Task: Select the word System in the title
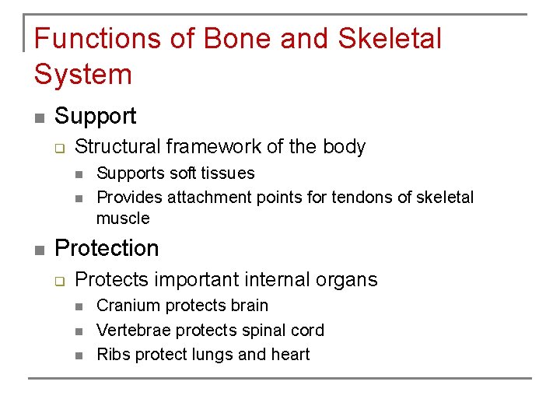(x=83, y=75)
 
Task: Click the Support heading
(x=96, y=117)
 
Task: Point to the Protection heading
(x=107, y=249)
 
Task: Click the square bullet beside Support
(x=38, y=118)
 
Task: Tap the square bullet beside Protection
(x=38, y=250)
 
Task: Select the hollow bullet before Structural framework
(x=60, y=148)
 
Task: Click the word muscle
(x=123, y=218)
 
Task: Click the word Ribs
(x=113, y=355)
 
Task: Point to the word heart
(x=291, y=355)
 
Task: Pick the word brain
(x=247, y=306)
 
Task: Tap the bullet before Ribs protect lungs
(x=79, y=356)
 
